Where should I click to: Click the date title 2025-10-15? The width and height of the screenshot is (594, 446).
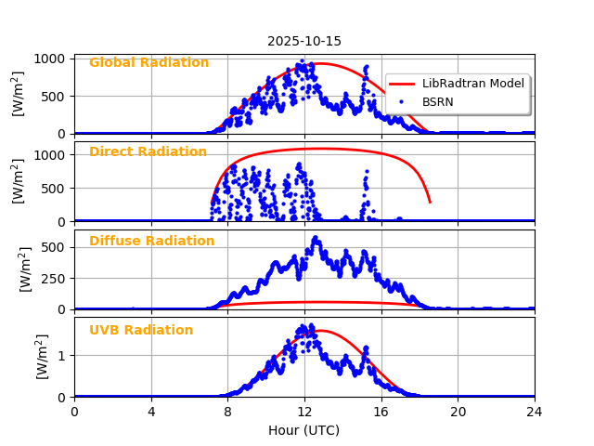[304, 41]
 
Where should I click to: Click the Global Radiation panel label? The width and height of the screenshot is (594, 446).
[148, 63]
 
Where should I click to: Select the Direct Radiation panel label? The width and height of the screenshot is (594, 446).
[148, 152]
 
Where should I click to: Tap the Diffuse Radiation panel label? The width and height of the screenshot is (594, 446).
[151, 242]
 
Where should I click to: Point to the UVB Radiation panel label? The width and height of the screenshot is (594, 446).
[141, 331]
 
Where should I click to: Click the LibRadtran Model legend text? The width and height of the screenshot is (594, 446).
[473, 84]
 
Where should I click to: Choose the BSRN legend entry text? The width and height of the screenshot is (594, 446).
[438, 102]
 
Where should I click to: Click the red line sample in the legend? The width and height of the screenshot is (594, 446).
[403, 84]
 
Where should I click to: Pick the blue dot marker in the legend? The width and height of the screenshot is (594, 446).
[403, 102]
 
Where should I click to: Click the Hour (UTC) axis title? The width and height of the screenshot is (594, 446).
[304, 431]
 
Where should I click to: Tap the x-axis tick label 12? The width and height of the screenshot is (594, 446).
[304, 412]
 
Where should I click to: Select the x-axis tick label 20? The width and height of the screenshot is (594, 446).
[458, 412]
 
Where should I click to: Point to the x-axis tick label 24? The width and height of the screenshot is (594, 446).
[535, 412]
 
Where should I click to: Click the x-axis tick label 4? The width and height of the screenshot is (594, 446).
[151, 412]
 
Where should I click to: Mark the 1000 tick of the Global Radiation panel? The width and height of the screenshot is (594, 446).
[51, 59]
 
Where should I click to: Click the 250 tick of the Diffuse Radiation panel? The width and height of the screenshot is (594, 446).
[55, 279]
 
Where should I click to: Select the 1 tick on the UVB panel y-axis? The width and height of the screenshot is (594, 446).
[62, 356]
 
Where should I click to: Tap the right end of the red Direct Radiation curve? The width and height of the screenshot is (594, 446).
[430, 202]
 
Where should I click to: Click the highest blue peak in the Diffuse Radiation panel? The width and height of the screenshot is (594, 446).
[316, 239]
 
